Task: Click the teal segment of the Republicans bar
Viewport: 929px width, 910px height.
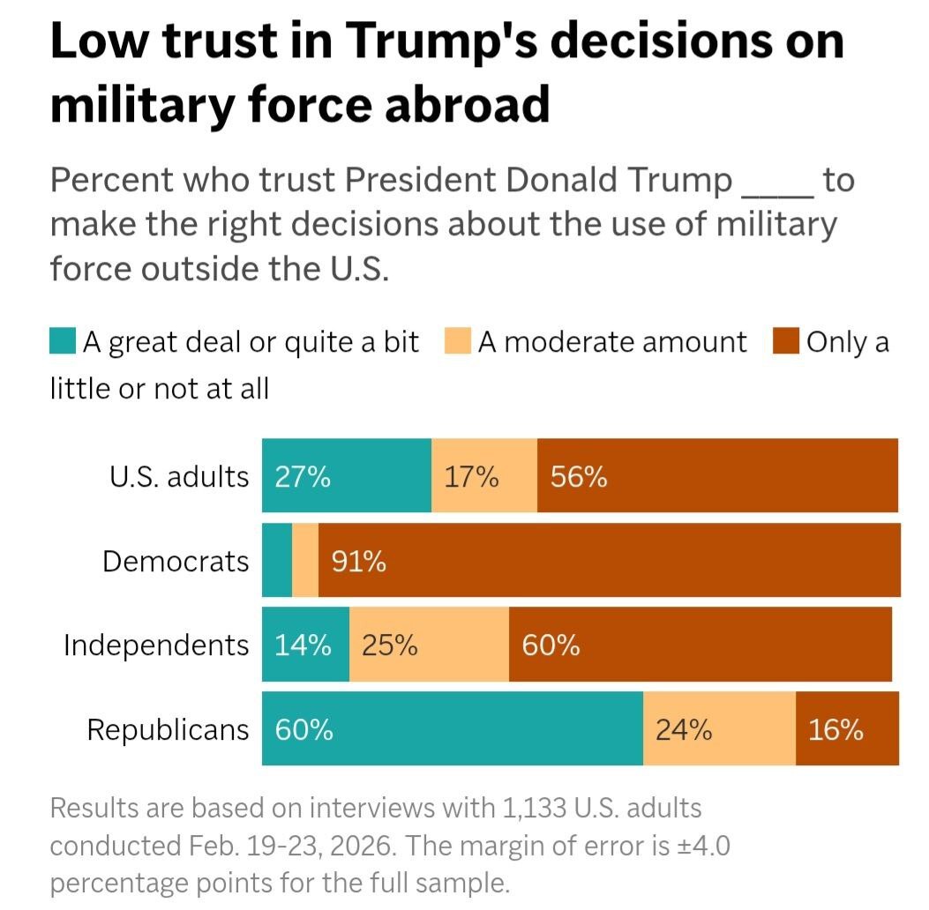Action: click(x=452, y=728)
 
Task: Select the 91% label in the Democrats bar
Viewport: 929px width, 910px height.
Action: click(x=359, y=561)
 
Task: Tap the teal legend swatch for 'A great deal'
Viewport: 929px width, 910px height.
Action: click(x=63, y=341)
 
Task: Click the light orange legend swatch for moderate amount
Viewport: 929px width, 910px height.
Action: click(x=458, y=341)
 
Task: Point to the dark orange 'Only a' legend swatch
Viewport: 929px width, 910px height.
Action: click(x=787, y=341)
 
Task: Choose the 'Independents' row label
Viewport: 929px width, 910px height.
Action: click(x=156, y=645)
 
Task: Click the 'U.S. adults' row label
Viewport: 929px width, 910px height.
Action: click(x=179, y=476)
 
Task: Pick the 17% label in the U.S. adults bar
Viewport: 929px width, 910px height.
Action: click(x=471, y=477)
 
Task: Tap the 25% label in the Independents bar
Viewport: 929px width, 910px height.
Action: click(x=389, y=645)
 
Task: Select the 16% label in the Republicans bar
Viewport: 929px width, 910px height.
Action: click(x=835, y=730)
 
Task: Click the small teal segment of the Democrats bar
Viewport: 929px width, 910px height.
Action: click(x=277, y=560)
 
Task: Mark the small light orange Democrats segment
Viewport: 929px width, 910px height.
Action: click(x=305, y=560)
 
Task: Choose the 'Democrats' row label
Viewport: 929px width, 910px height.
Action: click(x=176, y=561)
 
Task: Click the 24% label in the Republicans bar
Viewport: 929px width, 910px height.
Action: click(x=683, y=730)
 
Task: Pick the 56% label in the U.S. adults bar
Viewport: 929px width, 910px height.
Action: click(x=579, y=477)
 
